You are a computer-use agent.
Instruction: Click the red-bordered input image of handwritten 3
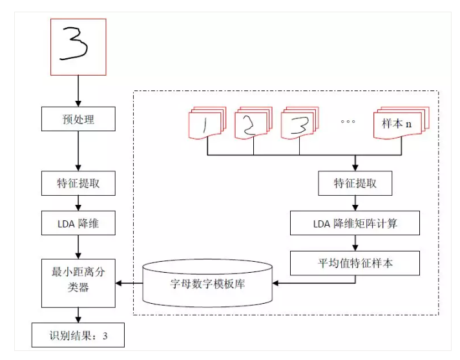(x=78, y=47)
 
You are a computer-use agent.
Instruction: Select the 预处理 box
(x=78, y=119)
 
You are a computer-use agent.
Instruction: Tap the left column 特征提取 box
(x=78, y=184)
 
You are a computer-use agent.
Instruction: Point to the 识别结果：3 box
(x=78, y=336)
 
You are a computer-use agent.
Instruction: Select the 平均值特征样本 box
(x=355, y=263)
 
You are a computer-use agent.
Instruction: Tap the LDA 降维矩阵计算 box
(x=355, y=223)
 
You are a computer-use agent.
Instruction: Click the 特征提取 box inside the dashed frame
(x=355, y=184)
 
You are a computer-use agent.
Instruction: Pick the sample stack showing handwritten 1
(x=207, y=125)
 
